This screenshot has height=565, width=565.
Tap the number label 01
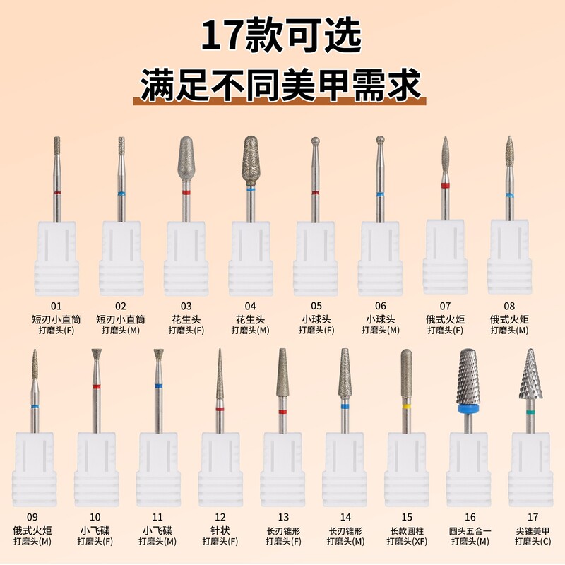(x=56, y=307)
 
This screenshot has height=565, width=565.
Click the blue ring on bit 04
(x=251, y=189)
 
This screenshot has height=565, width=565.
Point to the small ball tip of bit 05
(x=315, y=141)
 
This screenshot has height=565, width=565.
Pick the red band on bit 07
(x=444, y=186)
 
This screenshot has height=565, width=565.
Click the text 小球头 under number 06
(x=379, y=319)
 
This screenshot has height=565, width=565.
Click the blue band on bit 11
(x=158, y=386)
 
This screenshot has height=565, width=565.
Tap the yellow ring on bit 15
(x=406, y=408)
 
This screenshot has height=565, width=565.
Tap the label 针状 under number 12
(x=220, y=530)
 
